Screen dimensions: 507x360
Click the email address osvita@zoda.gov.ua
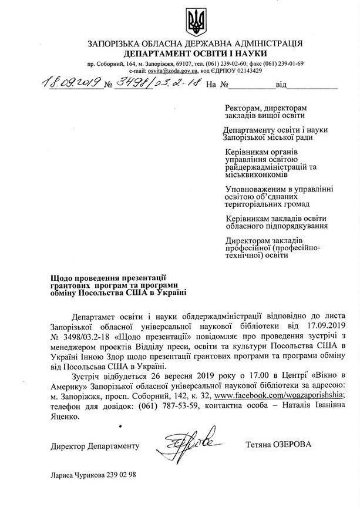(x=165, y=70)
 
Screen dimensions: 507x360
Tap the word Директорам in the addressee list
(x=248, y=240)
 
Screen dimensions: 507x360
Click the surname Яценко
(x=63, y=416)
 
